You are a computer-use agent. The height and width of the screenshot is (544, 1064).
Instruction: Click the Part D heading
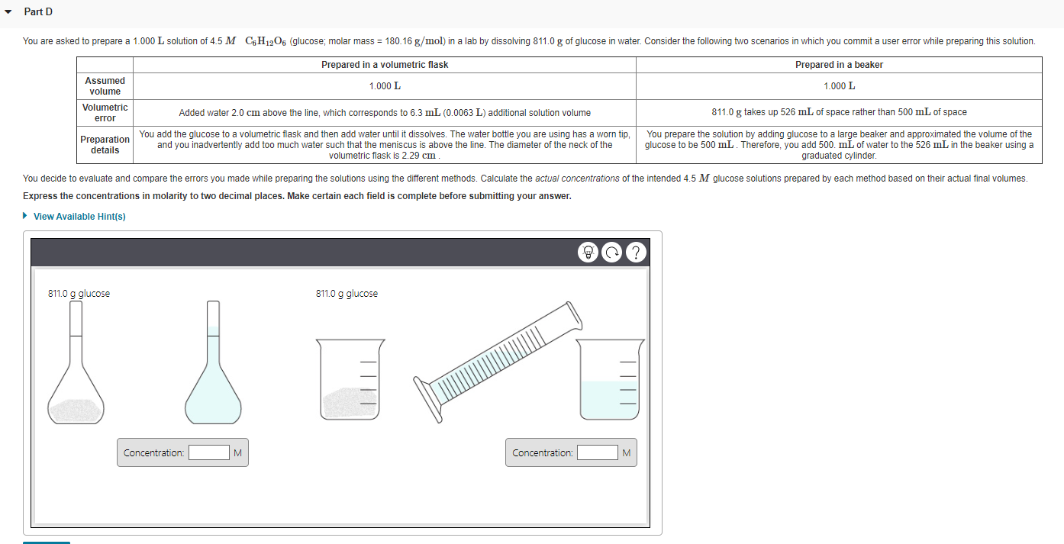tap(38, 11)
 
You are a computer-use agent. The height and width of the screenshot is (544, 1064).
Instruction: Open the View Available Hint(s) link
tap(79, 217)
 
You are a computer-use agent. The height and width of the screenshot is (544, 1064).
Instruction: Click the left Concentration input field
tap(209, 452)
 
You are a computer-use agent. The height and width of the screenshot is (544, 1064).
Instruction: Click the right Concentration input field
tap(597, 452)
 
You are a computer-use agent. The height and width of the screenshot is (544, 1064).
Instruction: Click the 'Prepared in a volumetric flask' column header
tap(385, 65)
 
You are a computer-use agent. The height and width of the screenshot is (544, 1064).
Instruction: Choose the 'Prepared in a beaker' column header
tap(839, 65)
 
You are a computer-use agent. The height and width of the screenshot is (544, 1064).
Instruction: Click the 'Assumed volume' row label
tap(105, 86)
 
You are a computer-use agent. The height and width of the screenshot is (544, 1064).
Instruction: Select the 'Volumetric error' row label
tap(105, 113)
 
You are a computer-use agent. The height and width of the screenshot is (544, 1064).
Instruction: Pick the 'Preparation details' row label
tap(105, 145)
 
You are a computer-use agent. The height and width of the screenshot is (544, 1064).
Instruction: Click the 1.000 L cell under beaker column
tap(839, 86)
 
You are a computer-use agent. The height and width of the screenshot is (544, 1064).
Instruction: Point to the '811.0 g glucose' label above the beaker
tap(347, 294)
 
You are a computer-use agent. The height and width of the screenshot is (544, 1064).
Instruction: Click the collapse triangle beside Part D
tap(9, 12)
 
